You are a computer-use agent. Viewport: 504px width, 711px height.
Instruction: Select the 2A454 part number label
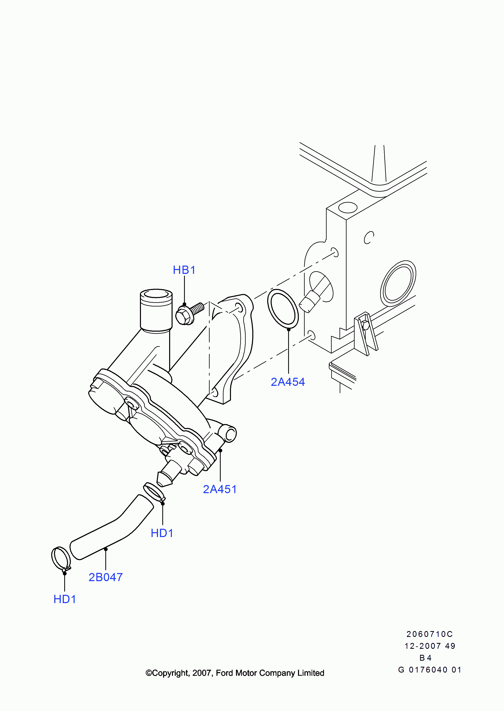coord(288,382)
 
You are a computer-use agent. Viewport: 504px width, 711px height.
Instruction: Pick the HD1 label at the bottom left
coord(65,599)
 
